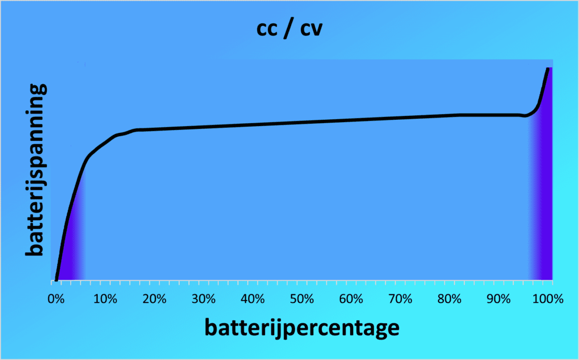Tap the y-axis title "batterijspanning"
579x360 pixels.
(35, 170)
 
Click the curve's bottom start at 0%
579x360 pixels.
(57, 277)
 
